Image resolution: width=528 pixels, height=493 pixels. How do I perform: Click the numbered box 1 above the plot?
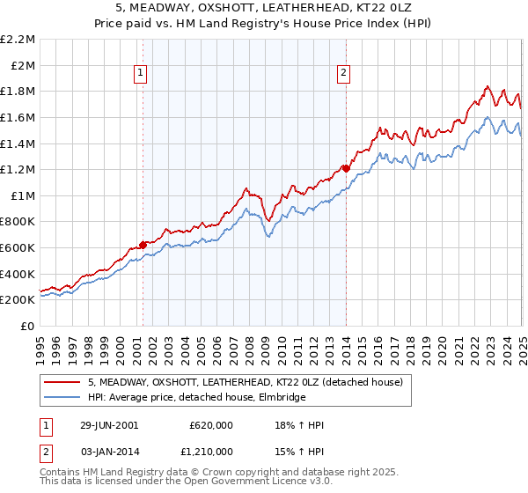[x=142, y=74]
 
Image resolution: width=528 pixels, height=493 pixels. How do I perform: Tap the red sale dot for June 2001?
[x=143, y=245]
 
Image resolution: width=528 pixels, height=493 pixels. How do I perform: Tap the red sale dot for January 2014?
[x=346, y=167]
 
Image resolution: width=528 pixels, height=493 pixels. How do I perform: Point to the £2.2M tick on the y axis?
[x=18, y=40]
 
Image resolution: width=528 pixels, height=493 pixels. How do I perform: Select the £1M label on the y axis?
[x=24, y=195]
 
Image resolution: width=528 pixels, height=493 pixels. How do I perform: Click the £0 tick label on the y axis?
[x=29, y=326]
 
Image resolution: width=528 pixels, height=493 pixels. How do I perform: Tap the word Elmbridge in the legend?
[x=281, y=398]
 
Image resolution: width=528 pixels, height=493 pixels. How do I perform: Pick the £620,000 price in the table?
[x=210, y=425]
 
